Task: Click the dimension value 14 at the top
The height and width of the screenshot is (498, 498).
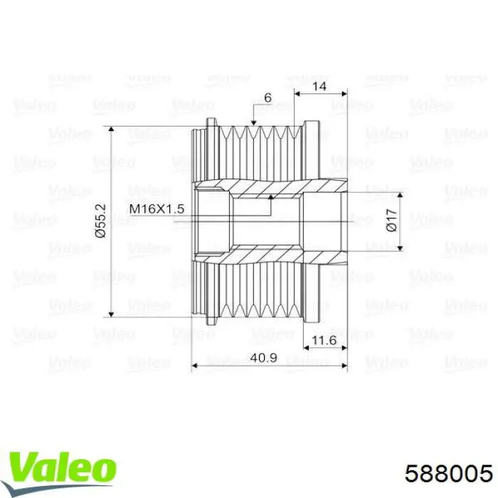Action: [x=320, y=85]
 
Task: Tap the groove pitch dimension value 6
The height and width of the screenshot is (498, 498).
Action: [x=267, y=98]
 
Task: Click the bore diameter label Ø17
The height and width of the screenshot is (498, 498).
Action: [x=390, y=221]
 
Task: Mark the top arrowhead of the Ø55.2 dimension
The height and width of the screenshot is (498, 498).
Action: [x=111, y=131]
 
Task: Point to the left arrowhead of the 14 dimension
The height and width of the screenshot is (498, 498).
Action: [x=298, y=92]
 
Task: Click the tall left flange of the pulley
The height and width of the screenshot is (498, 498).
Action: [x=211, y=221]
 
